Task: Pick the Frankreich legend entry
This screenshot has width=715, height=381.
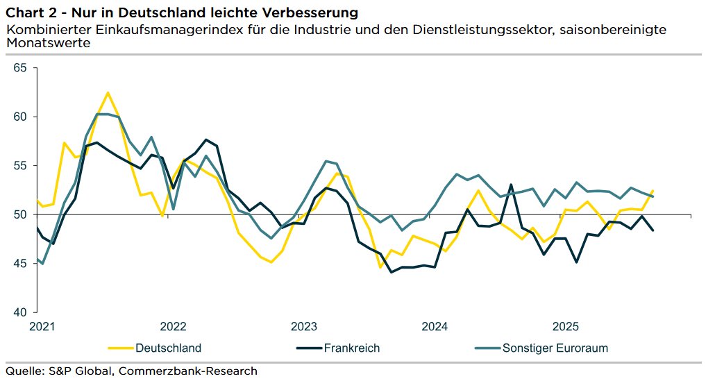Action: click(x=351, y=348)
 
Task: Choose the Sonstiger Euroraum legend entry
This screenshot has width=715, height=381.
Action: click(x=555, y=348)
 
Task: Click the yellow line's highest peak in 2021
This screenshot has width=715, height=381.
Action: click(x=108, y=92)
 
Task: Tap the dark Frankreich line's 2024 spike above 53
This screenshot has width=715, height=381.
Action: click(x=511, y=185)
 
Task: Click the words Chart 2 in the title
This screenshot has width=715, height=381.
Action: click(x=31, y=12)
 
